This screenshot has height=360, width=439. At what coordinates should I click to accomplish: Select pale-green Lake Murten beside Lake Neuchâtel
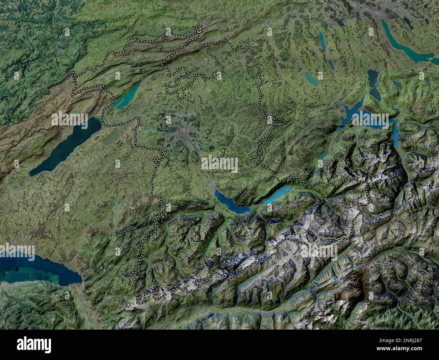tap(111, 137)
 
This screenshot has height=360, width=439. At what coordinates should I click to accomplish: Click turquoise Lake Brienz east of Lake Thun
tap(279, 195)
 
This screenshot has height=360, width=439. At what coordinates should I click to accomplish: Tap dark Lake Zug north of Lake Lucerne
tap(373, 83)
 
